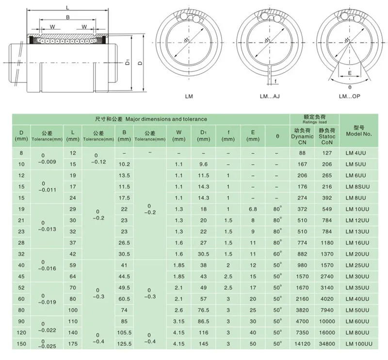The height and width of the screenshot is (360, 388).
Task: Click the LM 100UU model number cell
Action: click(359, 344)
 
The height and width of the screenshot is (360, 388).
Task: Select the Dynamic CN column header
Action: click(302, 136)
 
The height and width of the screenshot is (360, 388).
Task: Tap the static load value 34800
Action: click(327, 344)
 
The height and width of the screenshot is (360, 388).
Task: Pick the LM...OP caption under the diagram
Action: click(349, 96)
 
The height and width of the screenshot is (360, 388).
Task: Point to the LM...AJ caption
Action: click(270, 96)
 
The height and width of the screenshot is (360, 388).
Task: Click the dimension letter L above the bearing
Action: click(67, 8)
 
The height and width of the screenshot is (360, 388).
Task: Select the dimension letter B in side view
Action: click(67, 17)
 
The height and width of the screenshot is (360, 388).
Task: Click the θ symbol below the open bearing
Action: click(350, 87)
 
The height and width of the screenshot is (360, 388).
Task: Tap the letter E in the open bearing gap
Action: click(350, 73)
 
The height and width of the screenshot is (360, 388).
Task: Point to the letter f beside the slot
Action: click(275, 81)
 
